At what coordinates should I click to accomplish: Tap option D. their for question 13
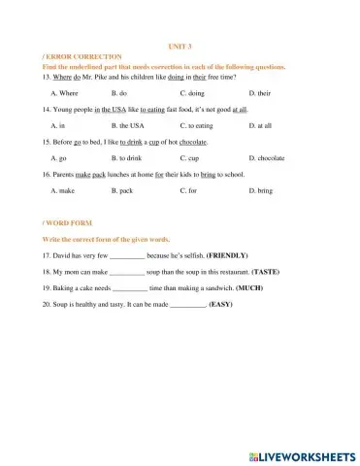[x=259, y=93]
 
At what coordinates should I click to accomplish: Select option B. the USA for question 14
[x=127, y=126]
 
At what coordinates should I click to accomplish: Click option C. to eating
[x=198, y=126]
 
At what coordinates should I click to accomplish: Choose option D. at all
[x=260, y=126]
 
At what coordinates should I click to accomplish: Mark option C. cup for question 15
[x=191, y=158]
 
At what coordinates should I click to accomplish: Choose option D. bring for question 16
[x=260, y=191]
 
